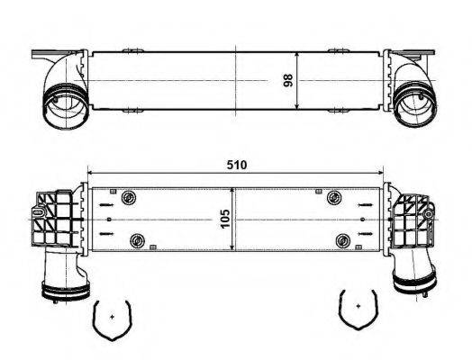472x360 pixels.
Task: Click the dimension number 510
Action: point(236,166)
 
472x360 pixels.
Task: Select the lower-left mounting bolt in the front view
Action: point(138,239)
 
